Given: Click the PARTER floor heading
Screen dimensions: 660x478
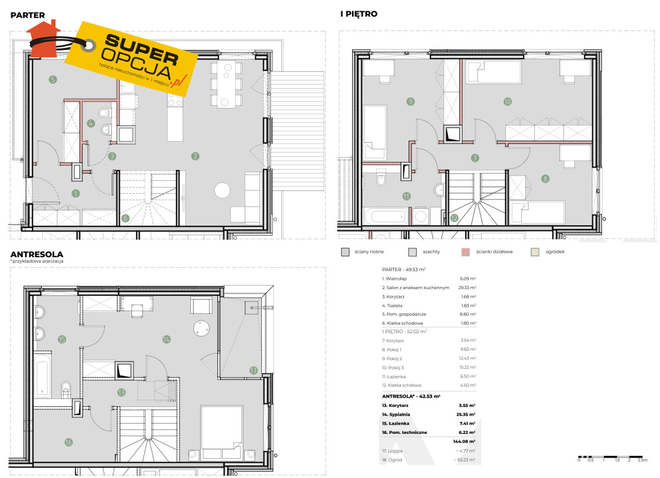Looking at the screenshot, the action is point(28,15).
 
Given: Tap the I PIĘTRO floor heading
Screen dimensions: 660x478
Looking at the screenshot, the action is point(359,14).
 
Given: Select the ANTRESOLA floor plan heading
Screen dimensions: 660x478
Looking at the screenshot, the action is point(37,254).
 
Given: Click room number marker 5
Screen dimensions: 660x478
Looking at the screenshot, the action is point(53,79).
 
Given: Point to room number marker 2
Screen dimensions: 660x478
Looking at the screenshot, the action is point(195,156).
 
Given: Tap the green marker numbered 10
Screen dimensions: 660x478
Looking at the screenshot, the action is point(507,102).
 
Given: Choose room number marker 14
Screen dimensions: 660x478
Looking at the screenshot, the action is point(167,339).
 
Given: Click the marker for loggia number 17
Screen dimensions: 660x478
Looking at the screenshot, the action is point(254,370).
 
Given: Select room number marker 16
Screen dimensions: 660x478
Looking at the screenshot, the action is point(68,442).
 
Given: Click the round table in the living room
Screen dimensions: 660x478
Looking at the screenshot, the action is point(222,191).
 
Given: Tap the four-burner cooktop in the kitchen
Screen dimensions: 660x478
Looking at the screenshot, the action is point(175,100).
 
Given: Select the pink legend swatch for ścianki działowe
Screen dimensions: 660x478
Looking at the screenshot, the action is point(465,252).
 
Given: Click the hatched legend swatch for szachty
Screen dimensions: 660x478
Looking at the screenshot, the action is point(413,252).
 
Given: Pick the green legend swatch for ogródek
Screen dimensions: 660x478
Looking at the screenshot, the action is point(535,252).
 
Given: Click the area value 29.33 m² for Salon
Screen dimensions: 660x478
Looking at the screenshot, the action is point(467,287).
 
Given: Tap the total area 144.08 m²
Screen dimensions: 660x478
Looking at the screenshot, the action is point(464,442).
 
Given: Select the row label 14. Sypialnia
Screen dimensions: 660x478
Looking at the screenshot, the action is point(396,414).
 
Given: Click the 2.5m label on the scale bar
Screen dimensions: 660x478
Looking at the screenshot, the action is point(642,460).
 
